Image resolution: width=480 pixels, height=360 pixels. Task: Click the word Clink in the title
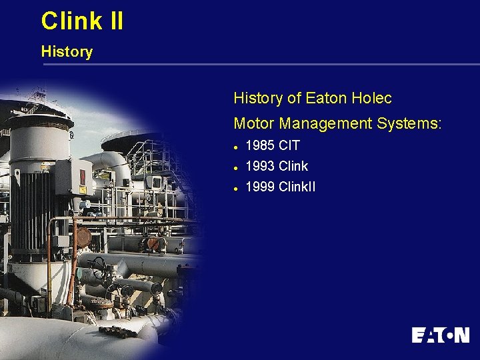[x=71, y=21]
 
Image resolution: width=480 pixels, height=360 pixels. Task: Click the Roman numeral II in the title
[x=115, y=21]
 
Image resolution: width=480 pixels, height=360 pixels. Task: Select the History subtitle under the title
[x=67, y=51]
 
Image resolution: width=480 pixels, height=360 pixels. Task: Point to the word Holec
[x=370, y=99]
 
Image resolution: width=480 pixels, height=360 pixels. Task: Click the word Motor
[x=254, y=123]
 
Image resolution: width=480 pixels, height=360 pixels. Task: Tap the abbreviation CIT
[x=289, y=145]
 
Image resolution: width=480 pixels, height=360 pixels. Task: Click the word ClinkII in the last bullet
[x=297, y=187]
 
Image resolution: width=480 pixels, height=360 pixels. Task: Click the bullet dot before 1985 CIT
[x=237, y=146]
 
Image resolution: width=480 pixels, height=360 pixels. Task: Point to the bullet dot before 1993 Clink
[x=237, y=167]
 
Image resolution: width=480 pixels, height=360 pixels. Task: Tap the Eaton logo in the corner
[x=440, y=335]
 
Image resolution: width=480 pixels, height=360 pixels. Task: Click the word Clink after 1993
[x=293, y=166]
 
